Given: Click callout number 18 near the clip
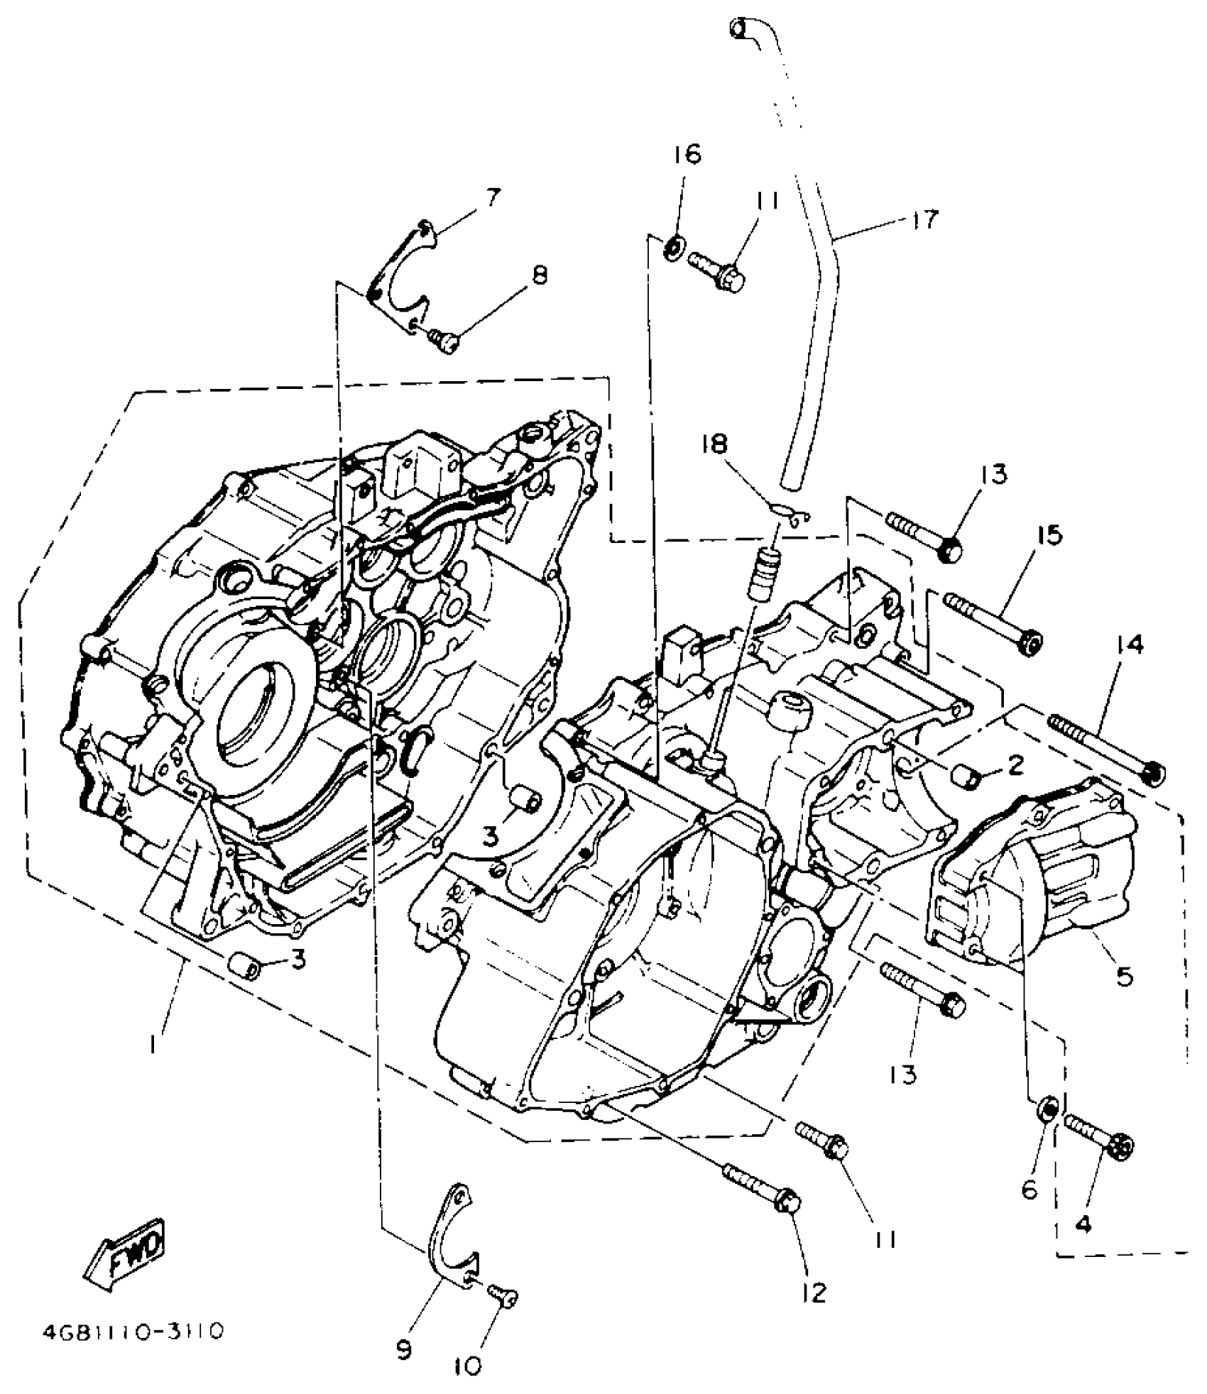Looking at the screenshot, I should tap(716, 444).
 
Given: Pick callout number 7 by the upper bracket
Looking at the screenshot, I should tap(493, 196).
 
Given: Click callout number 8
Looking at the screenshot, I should tap(540, 275).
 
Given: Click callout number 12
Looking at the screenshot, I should tap(815, 1293).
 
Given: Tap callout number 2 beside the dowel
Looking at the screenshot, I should tap(1015, 764).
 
